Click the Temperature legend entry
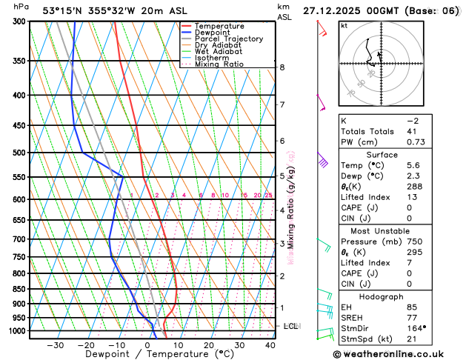coord(220,26)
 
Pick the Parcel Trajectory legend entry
coord(228,39)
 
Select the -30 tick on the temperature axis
coord(56,345)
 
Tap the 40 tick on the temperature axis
coord(270,345)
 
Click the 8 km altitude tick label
coord(282,67)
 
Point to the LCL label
coord(291,325)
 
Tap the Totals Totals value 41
coord(411,131)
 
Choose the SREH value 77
coord(411,317)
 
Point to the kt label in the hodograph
coord(344,25)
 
